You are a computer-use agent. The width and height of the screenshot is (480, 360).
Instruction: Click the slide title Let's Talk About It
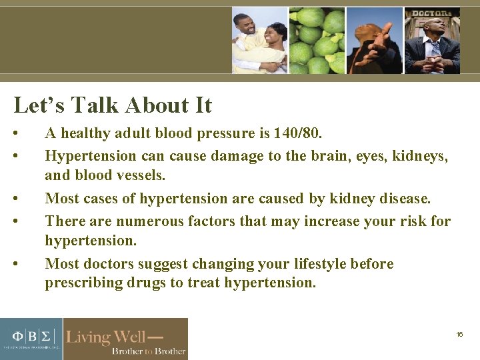point(113,105)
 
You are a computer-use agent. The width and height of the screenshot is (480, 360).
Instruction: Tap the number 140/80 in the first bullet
point(297,133)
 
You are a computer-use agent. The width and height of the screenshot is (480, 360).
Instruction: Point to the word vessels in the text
point(141,177)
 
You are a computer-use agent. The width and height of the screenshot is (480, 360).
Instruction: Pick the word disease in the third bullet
point(403,199)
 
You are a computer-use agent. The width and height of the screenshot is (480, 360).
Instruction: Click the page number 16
point(459,334)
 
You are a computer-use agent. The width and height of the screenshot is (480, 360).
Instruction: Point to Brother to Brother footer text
point(148,351)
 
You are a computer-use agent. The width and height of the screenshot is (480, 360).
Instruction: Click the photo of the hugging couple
point(259,40)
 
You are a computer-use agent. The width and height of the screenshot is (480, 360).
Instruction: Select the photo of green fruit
point(317,40)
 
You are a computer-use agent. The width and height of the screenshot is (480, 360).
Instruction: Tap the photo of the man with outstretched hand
point(374,40)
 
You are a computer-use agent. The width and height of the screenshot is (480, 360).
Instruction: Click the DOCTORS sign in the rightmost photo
point(432,13)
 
